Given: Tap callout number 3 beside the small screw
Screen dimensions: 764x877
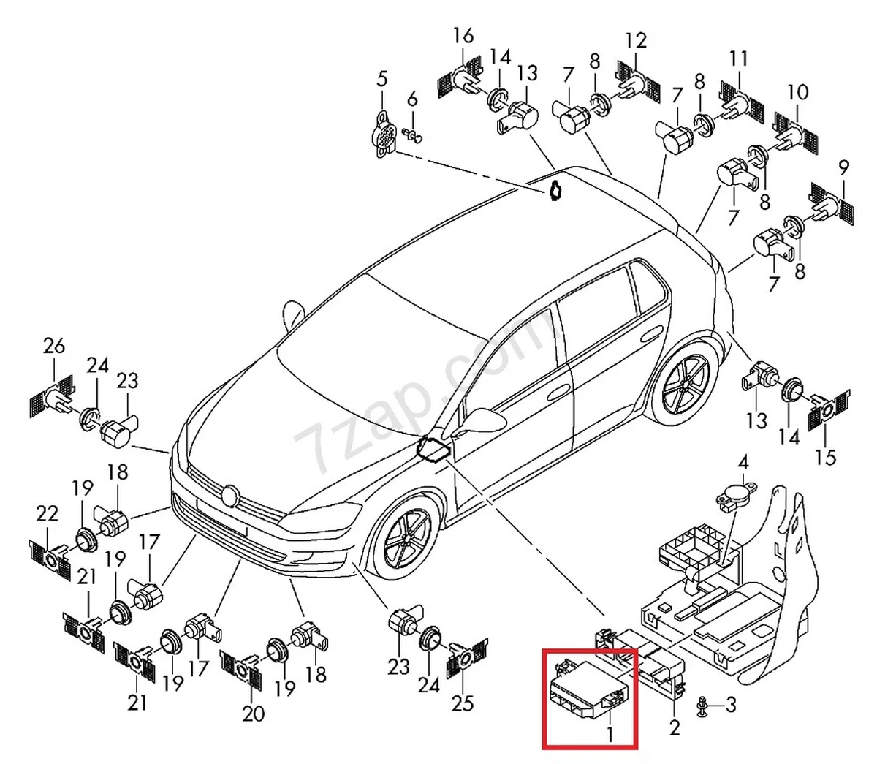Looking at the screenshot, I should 731,705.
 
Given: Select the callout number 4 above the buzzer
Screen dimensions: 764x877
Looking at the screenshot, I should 743,463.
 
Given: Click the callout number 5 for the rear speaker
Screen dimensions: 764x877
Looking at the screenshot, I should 382,79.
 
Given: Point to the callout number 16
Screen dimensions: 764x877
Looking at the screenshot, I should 463,34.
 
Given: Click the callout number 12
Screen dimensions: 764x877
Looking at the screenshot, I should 636,40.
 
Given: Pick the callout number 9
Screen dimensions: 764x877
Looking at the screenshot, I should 843,167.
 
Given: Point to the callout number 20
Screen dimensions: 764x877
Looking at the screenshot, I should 253,713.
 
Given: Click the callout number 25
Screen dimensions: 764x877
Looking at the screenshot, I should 463,703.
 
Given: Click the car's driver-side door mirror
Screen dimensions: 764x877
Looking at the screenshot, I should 482,420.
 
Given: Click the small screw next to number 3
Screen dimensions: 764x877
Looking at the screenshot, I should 702,706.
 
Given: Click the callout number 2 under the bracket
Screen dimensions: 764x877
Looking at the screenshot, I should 675,727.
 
